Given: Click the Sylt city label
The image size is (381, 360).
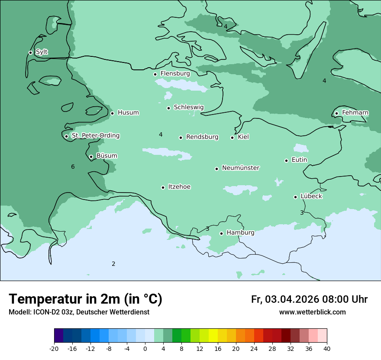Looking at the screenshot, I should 42,52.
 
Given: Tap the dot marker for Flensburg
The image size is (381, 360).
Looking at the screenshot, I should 155,74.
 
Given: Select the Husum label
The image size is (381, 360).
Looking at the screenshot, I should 128,113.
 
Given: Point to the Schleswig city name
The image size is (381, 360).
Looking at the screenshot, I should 188,107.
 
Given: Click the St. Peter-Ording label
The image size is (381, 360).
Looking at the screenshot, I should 95,136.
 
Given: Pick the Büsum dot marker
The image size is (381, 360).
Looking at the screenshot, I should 91,157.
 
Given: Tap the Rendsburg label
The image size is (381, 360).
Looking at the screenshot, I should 202,137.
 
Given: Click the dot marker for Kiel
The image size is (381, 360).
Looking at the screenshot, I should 232,137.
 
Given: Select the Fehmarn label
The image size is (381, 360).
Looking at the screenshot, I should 355,113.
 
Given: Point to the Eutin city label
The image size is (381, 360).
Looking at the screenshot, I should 299,160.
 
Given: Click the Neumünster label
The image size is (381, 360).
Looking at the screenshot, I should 240,168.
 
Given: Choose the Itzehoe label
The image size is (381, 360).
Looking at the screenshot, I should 179,187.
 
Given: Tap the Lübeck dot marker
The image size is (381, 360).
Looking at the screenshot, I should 295,197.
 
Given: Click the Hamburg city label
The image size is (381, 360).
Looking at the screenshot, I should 240,232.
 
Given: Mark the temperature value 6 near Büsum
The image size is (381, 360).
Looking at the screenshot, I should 73,167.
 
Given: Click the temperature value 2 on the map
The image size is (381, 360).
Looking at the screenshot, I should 113,264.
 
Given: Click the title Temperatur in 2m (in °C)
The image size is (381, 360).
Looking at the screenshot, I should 85,299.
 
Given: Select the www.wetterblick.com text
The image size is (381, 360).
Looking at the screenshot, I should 312,312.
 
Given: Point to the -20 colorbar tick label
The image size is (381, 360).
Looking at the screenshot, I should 54,349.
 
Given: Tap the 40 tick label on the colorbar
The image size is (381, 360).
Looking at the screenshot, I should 327,349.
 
